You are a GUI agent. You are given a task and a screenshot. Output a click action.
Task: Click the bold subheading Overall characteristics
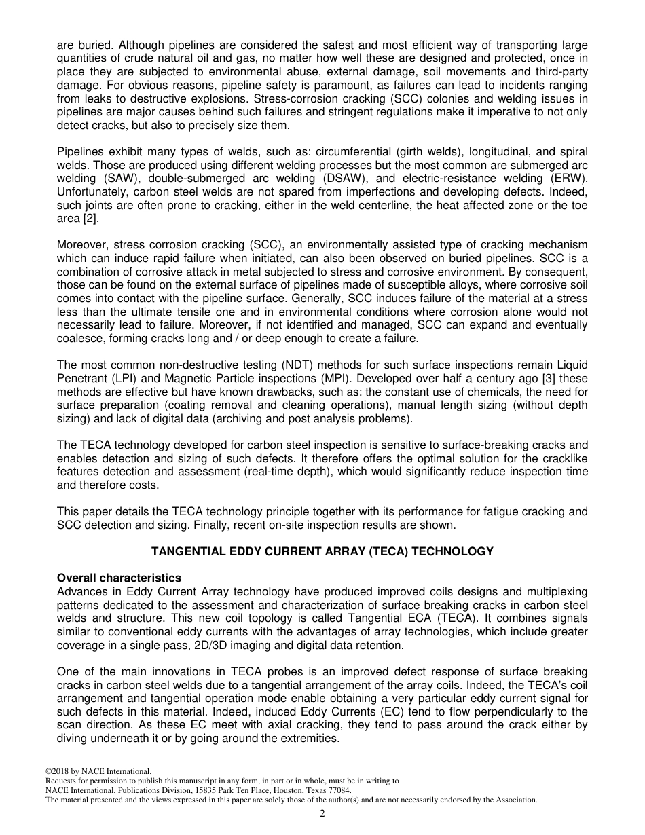119,578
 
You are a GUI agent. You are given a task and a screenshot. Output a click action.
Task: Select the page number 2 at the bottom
322,814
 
